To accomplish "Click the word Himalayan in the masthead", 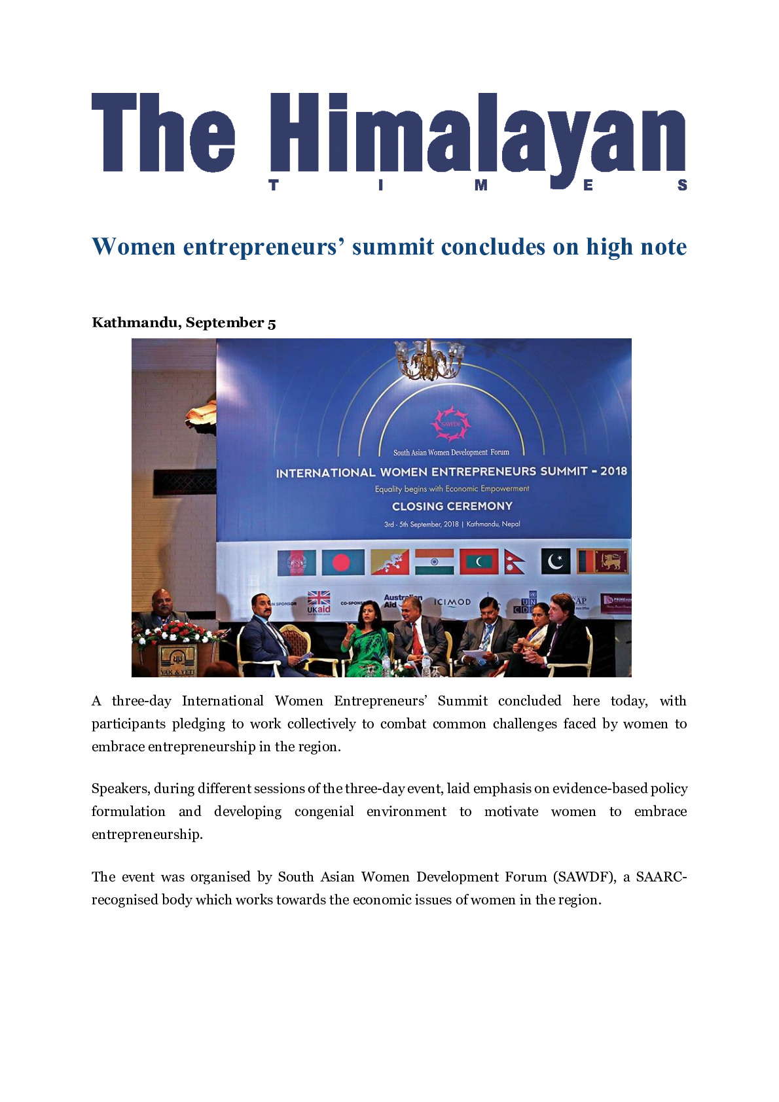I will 478,134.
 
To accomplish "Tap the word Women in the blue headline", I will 134,247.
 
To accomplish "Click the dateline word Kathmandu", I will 135,323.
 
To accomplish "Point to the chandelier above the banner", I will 429,359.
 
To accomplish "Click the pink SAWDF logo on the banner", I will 450,423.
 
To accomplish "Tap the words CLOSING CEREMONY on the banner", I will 452,506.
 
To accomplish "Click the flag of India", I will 434,561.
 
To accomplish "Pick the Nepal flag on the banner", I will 515,561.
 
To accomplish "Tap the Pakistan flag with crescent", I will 555,561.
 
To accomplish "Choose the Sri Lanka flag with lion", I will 602,561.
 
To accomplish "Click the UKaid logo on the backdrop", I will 319,603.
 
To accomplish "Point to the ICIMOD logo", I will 452,602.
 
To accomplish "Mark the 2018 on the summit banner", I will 613,471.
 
